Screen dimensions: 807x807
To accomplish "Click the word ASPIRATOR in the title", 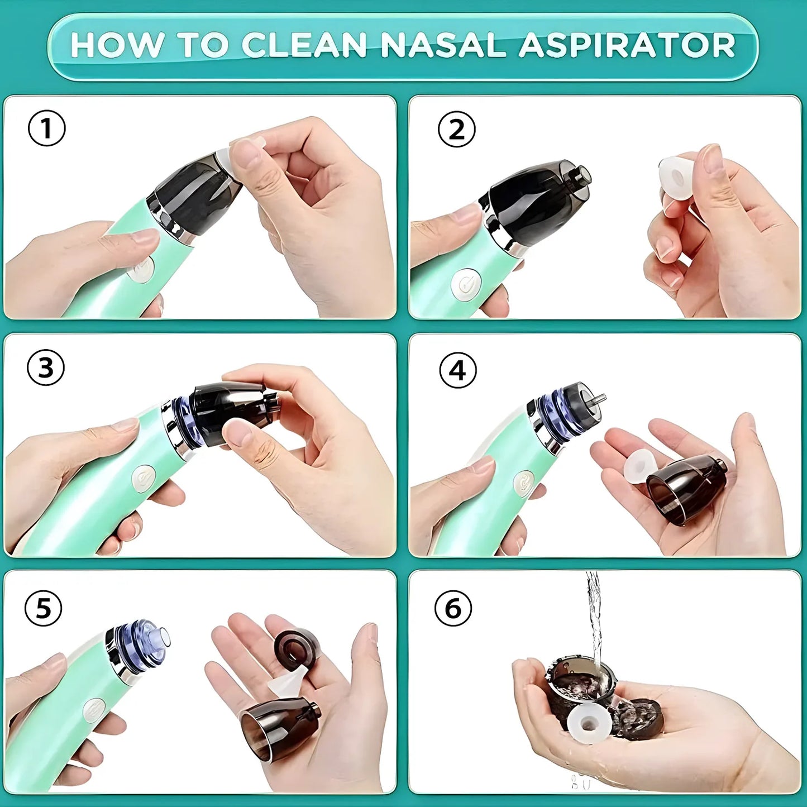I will (627, 45).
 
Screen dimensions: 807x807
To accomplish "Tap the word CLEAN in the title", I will (304, 45).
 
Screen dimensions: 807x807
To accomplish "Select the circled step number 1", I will (46, 128).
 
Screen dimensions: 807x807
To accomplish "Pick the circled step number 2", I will (456, 129).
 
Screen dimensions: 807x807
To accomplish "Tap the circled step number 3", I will (46, 368).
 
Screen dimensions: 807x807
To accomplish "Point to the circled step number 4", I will (457, 370).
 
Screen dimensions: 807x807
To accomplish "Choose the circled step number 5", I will (44, 608).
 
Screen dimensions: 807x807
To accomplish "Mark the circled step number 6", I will (453, 608).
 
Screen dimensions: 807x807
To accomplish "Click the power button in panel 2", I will (466, 283).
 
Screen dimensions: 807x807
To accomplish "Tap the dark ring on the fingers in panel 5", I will (295, 648).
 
